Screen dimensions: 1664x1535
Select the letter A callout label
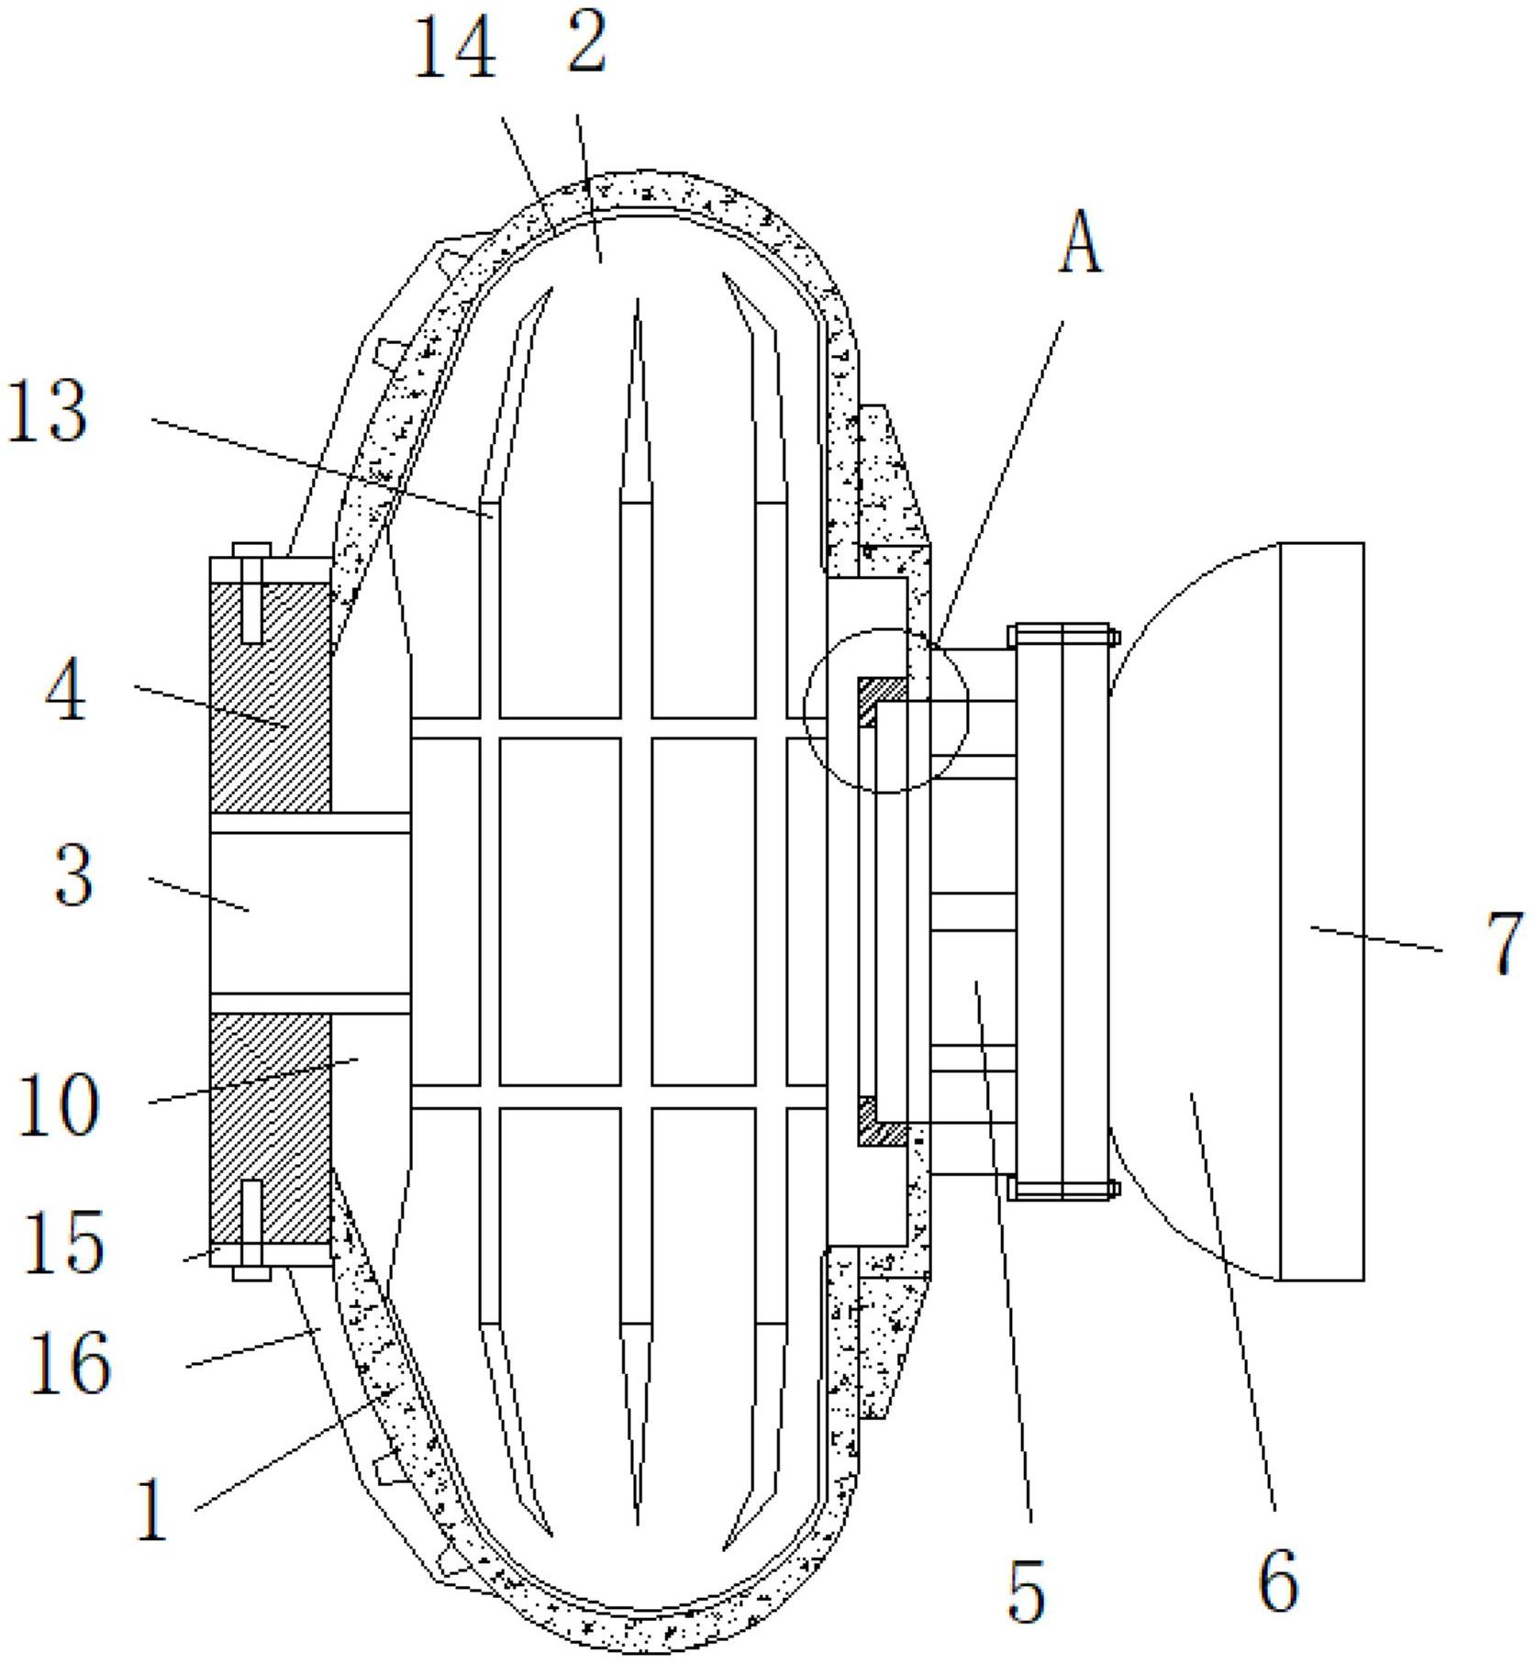[1081, 247]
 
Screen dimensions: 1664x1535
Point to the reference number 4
[66, 692]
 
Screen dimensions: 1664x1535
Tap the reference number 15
[62, 1244]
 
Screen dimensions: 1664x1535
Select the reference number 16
[70, 1364]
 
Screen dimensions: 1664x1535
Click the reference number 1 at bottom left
[151, 1512]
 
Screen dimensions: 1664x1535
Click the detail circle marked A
[885, 710]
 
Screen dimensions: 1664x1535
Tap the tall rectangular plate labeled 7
[1321, 910]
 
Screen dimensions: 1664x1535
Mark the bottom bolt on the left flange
[250, 1229]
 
